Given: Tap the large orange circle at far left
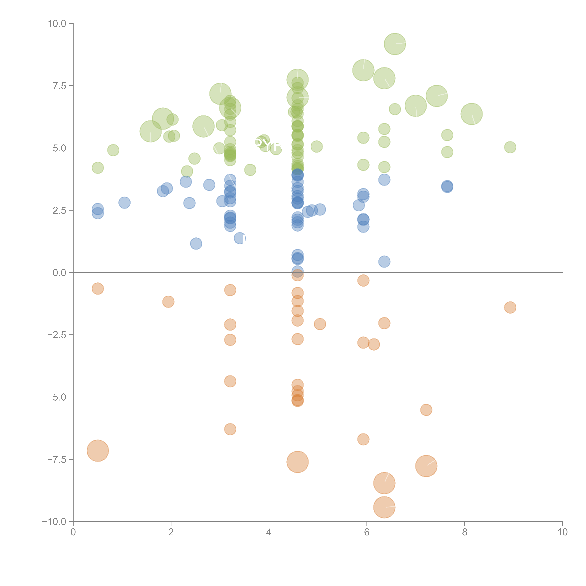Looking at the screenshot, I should [98, 451].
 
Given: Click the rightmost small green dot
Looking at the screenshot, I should [510, 147].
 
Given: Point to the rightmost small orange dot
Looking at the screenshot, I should [510, 308].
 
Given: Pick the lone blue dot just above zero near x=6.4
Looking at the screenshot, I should [384, 261].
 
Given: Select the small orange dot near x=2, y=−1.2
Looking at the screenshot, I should [168, 302].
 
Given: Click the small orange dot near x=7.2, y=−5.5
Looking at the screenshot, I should [426, 410].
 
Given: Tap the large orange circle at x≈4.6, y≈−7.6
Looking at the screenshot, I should [298, 462].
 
